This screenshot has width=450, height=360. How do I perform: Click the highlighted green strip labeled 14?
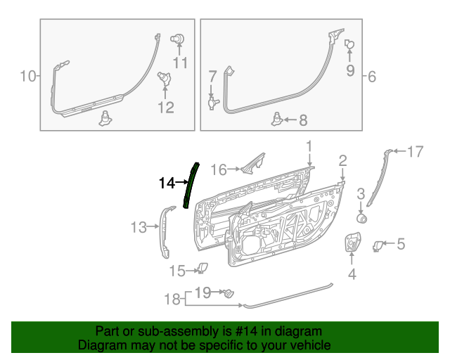[190, 184]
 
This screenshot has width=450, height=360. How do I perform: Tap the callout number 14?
[167, 184]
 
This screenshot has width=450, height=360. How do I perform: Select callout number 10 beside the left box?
[27, 75]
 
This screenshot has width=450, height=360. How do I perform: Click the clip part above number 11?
[179, 39]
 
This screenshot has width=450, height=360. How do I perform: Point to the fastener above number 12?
[164, 77]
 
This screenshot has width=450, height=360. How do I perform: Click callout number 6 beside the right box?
[372, 75]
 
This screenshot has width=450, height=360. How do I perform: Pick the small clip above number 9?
[349, 45]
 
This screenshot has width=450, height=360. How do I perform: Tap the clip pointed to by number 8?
[278, 119]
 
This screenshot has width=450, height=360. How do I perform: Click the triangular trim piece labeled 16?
[252, 163]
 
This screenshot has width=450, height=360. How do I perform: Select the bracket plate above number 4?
[351, 243]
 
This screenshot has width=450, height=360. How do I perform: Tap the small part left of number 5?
[378, 245]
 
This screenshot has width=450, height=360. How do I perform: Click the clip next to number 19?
[227, 293]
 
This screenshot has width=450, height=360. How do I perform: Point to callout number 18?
[172, 300]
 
